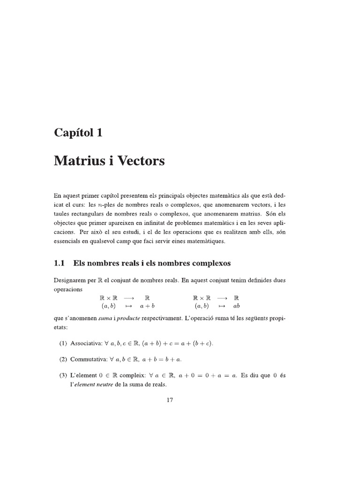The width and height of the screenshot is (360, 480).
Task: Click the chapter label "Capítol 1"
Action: (78, 133)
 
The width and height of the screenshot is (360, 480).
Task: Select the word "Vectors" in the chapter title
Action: (140, 161)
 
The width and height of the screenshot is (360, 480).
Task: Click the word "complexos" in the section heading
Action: (207, 263)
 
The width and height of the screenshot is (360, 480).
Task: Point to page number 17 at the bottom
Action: (170, 400)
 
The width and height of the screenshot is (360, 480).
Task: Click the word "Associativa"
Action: (86, 344)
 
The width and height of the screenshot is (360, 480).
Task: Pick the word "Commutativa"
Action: (88, 359)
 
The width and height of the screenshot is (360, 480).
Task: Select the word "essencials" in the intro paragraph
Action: (68, 241)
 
